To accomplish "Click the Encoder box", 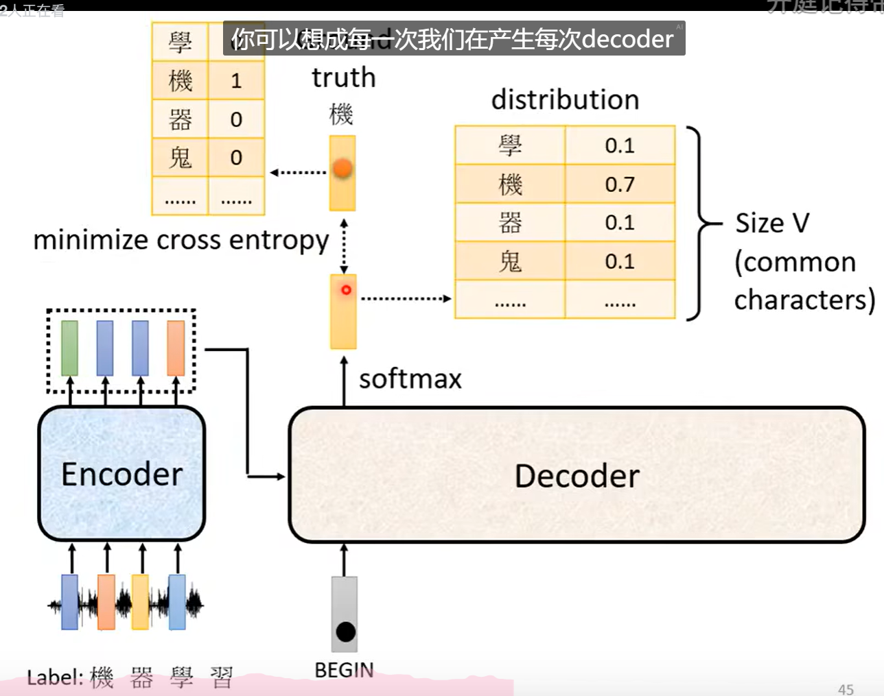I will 121,474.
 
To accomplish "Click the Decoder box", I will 577,475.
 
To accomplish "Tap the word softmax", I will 410,379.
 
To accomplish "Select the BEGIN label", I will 344,670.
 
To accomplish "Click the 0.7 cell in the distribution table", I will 620,184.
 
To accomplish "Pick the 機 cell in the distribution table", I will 510,184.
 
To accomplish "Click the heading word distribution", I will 565,100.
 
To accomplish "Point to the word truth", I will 343,77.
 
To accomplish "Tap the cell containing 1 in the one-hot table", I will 236,81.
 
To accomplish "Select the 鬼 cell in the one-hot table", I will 180,158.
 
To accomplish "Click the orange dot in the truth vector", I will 342,167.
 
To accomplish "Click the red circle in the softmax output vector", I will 346,290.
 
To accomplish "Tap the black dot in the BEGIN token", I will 345,631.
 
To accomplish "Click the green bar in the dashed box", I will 69,348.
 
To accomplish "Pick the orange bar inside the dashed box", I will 176,348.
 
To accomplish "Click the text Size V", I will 772,224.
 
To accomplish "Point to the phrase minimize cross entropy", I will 181,240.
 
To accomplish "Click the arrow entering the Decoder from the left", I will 268,476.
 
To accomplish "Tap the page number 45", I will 846,689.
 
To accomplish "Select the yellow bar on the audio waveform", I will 140,602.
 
